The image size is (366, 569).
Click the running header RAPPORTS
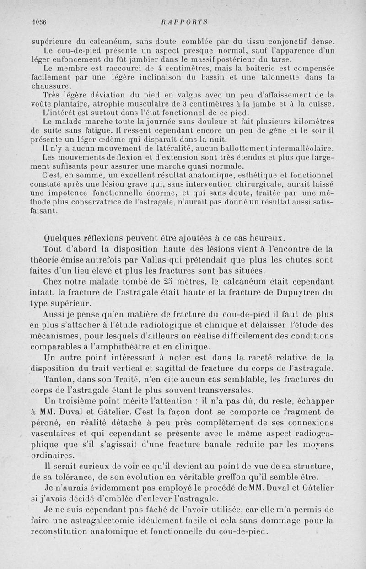pos(185,21)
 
